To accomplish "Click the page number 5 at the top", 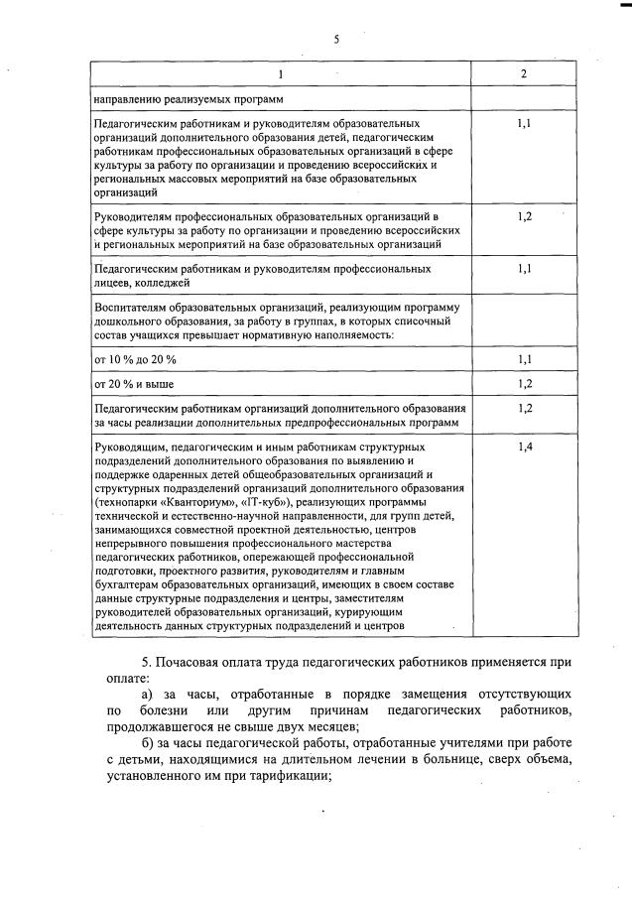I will (x=336, y=39).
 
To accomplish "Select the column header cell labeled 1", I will (x=280, y=74).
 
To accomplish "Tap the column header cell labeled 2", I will (x=524, y=74).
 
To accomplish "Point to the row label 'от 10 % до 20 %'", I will (x=134, y=359).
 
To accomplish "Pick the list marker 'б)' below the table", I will (x=149, y=743).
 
